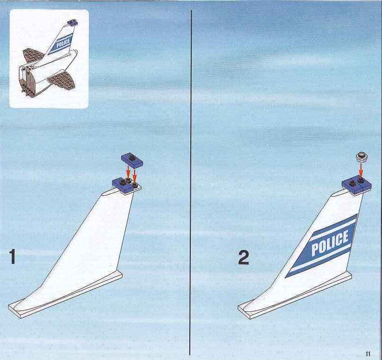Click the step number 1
(x=12, y=257)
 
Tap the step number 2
(x=244, y=258)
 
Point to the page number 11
(x=368, y=353)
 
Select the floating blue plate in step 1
(x=132, y=160)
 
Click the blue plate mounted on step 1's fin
(x=126, y=185)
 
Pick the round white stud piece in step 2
(x=362, y=156)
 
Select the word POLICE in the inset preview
(x=63, y=43)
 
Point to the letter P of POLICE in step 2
(x=315, y=249)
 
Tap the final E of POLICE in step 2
(x=344, y=237)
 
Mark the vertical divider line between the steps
(x=190, y=182)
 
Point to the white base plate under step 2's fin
(x=295, y=296)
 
